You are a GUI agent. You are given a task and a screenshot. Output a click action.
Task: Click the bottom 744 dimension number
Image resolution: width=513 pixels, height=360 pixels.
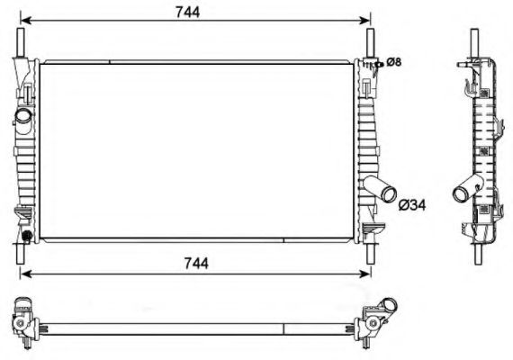tap(194, 263)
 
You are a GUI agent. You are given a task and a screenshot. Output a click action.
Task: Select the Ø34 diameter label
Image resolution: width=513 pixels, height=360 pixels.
tap(410, 205)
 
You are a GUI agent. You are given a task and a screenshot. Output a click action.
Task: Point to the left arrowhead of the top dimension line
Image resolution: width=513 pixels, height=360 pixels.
tap(24, 20)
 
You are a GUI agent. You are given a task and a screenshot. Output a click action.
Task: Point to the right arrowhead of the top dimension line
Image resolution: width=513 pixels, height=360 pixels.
tap(366, 20)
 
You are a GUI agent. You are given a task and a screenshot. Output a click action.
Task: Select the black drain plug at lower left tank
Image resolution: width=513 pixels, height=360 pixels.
tap(26, 236)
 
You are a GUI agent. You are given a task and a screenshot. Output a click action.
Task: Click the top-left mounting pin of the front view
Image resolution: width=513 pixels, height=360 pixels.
tap(20, 41)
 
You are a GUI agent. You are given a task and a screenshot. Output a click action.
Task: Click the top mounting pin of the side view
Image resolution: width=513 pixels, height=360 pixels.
tap(474, 40)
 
